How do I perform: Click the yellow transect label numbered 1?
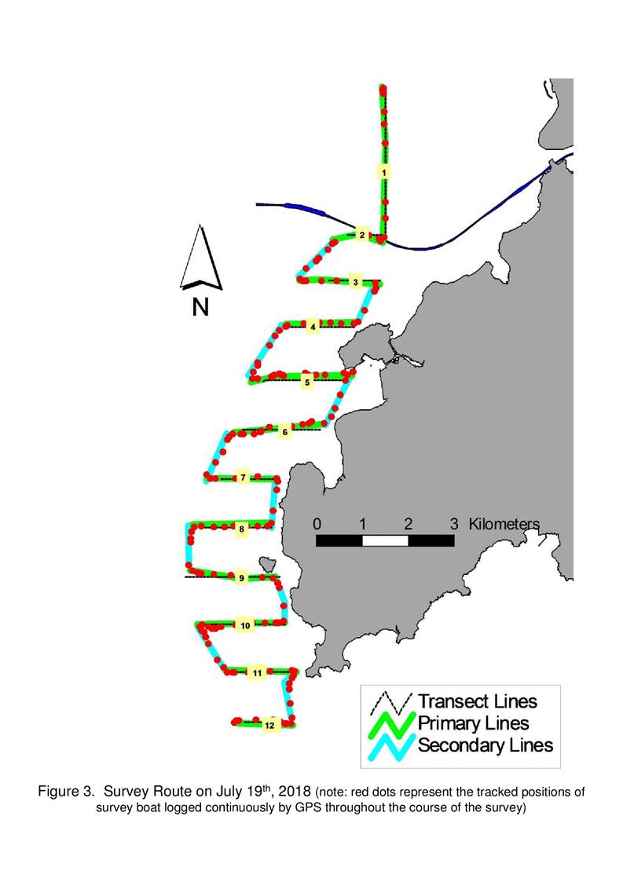(384, 172)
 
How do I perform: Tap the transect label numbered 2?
(362, 235)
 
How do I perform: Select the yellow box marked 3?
(355, 282)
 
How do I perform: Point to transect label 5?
(306, 382)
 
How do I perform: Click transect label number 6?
(284, 432)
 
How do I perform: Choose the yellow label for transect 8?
(241, 529)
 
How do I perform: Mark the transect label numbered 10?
(245, 625)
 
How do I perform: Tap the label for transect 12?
(269, 725)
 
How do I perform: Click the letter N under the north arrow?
(200, 307)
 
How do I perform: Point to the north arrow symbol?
(201, 258)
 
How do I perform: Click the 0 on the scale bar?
(317, 524)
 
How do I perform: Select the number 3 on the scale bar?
(454, 524)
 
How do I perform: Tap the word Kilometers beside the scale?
(504, 524)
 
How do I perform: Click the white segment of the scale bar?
(385, 540)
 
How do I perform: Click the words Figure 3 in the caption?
(65, 792)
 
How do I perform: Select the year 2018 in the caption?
(295, 792)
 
